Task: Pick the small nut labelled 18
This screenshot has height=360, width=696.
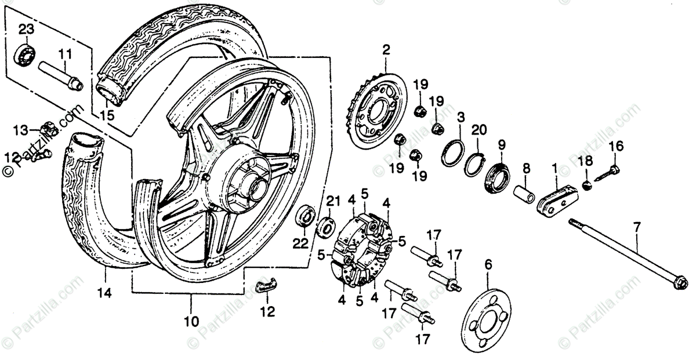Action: click(x=586, y=184)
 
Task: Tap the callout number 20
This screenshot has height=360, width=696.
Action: click(x=478, y=130)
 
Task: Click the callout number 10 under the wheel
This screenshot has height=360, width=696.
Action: click(x=191, y=320)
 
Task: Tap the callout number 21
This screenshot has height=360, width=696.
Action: click(x=331, y=201)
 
